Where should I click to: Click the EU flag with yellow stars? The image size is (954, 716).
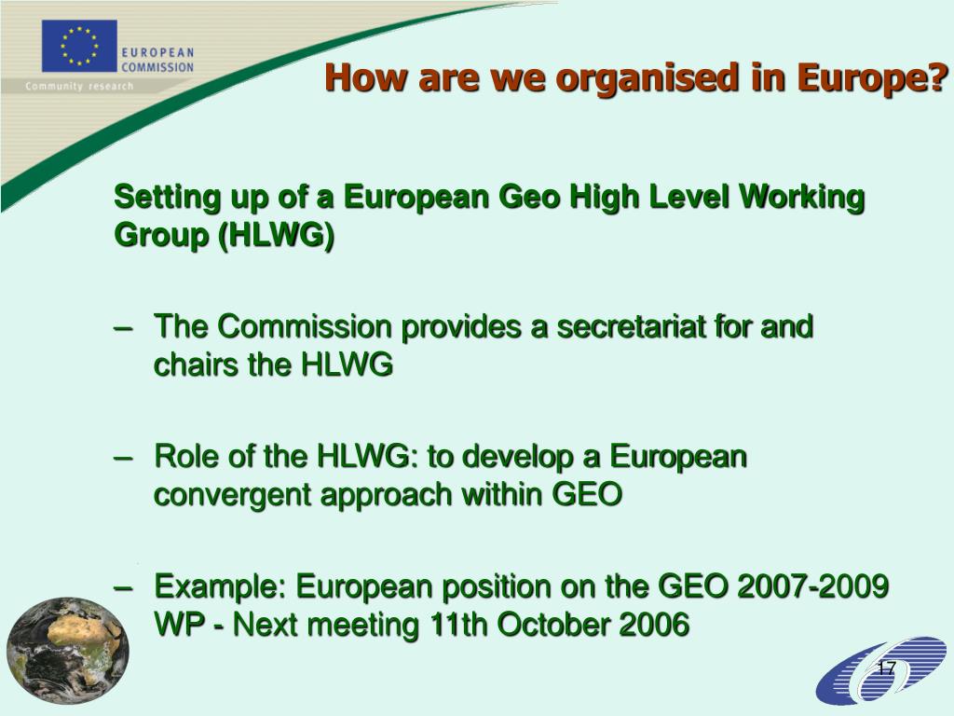click(79, 46)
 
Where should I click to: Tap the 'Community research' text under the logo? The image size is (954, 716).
click(79, 87)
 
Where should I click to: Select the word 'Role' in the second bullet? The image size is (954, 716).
click(187, 458)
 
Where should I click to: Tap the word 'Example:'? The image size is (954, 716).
click(221, 587)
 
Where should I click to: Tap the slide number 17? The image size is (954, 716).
click(886, 669)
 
